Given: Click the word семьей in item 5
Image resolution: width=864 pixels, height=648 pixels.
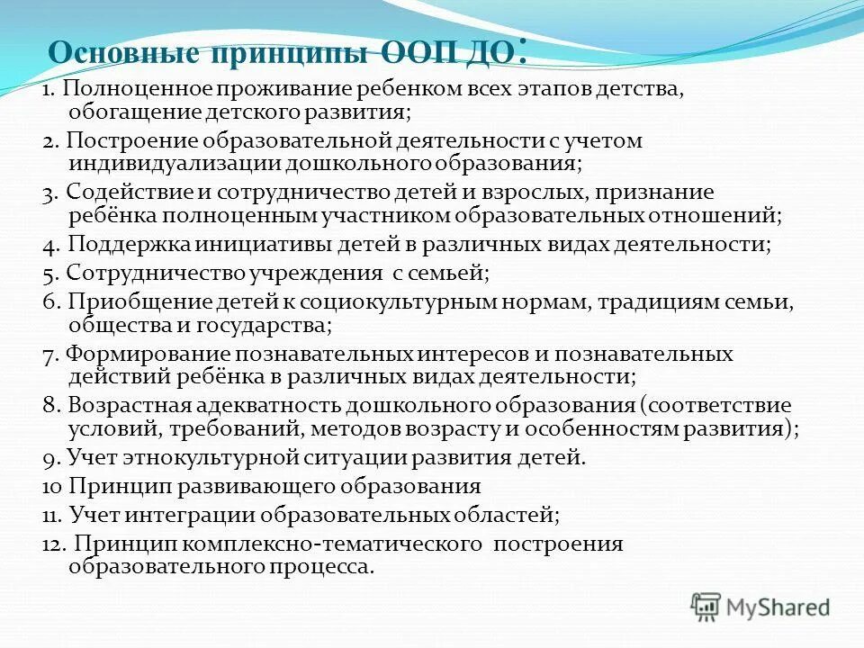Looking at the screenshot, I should pyautogui.click(x=444, y=271).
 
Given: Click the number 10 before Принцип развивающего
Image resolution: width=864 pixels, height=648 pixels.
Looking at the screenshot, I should pyautogui.click(x=51, y=487).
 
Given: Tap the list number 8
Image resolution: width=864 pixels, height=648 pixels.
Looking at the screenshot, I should pyautogui.click(x=50, y=405).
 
